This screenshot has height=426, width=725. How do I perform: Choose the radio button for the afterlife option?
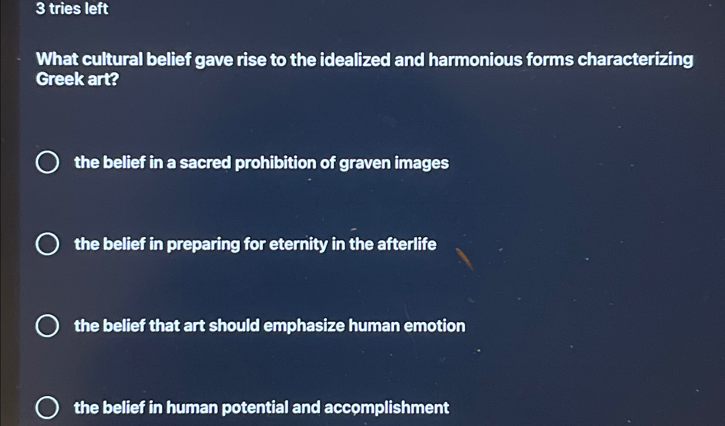47,244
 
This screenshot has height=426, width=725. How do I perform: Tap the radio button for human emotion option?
47,325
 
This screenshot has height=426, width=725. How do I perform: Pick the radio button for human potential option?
47,407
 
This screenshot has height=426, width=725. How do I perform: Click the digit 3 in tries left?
41,9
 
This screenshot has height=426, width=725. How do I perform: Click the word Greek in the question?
60,79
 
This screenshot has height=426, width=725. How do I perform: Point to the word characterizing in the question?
635,60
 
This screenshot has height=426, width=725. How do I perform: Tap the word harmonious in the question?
475,60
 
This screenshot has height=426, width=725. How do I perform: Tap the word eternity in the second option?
298,245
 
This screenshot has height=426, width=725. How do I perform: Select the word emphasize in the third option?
304,326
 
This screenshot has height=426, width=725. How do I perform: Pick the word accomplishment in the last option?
387,408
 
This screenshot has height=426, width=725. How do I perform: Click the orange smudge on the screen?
464,259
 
